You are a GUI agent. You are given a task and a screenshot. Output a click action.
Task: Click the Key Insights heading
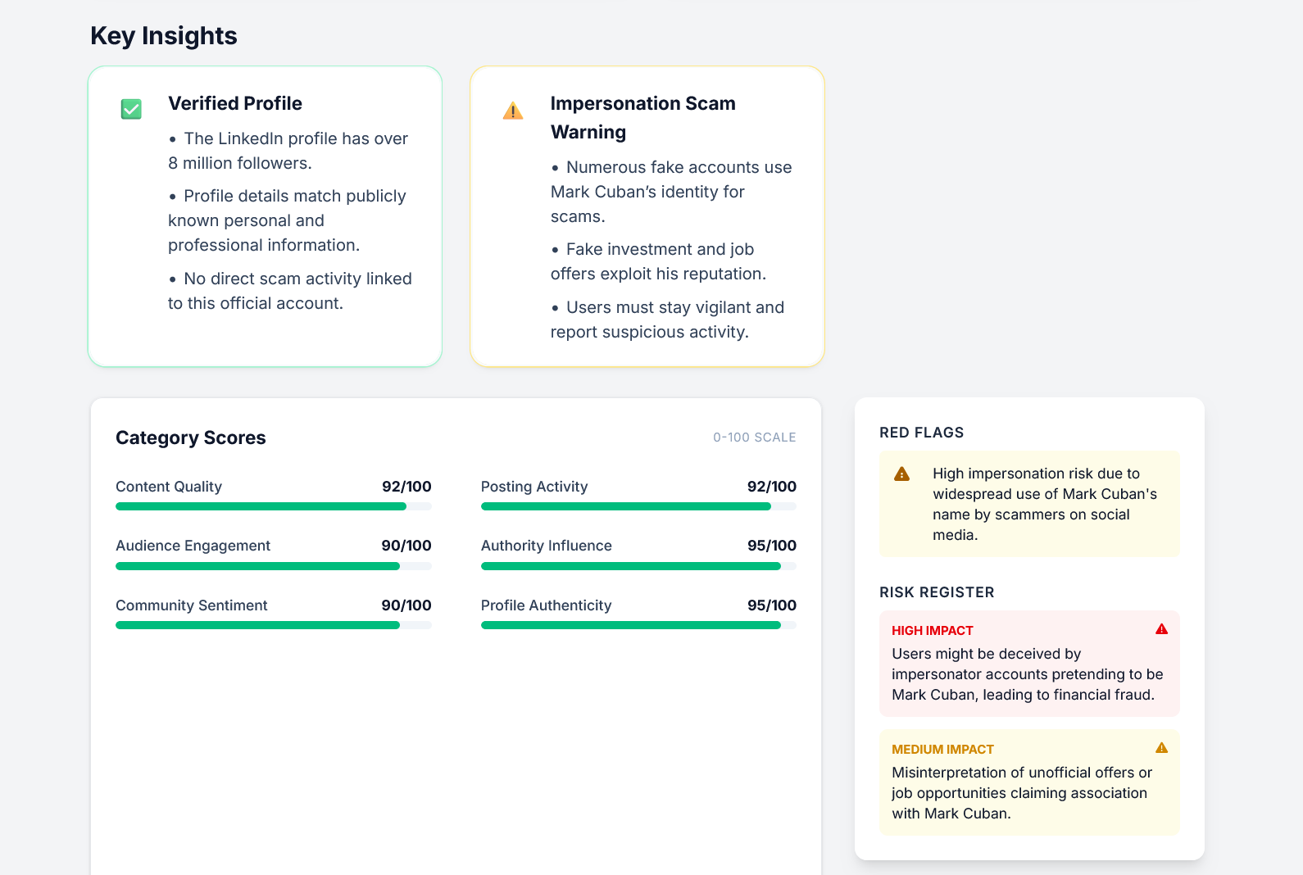[163, 36]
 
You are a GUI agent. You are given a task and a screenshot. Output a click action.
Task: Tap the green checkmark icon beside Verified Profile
[131, 109]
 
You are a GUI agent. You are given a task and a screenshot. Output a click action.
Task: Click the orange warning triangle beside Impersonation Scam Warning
[513, 111]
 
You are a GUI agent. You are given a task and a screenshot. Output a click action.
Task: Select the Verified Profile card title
[235, 103]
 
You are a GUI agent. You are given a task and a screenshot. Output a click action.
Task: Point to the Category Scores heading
[190, 437]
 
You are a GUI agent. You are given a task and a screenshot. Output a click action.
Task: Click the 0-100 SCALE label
[754, 437]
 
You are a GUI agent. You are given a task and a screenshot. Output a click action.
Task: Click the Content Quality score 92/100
[406, 487]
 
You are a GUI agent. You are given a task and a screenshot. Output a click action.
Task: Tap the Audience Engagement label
[193, 546]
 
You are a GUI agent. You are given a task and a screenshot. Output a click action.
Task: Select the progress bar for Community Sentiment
[273, 625]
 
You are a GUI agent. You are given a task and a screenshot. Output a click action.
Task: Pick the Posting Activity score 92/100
[771, 487]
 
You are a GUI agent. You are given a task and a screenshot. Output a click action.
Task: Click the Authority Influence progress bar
[638, 566]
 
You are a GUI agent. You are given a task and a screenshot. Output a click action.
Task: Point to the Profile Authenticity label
[546, 605]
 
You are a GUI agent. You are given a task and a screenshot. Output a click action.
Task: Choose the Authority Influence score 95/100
[771, 546]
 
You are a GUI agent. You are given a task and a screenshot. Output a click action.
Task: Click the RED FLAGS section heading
[921, 433]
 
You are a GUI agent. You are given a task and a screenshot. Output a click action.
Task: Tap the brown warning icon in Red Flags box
[901, 474]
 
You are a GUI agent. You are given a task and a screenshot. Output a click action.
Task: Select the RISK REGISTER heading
[937, 592]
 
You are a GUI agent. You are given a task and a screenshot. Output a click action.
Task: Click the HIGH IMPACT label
[932, 631]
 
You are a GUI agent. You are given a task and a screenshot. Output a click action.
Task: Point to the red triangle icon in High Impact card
[1161, 629]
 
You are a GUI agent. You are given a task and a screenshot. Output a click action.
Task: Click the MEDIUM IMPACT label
[942, 750]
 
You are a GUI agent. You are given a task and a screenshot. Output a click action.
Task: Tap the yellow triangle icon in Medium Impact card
[1161, 748]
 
